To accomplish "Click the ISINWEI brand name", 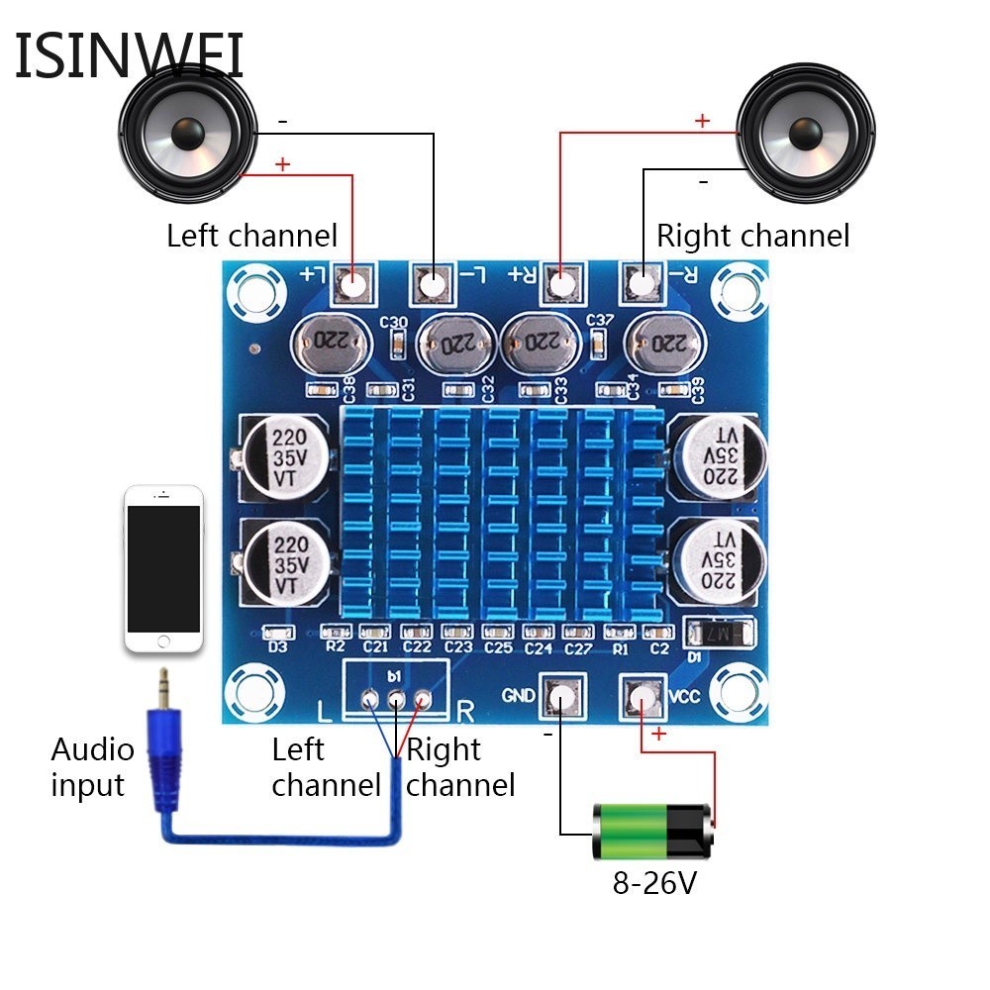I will tap(129, 56).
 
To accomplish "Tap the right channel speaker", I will tap(806, 133).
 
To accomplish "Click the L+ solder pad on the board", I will tap(354, 284).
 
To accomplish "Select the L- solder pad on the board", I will tap(432, 285).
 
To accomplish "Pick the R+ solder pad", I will tap(561, 285).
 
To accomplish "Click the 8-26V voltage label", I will tap(654, 882).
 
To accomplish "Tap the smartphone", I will tap(163, 568).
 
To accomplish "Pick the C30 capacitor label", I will tap(393, 323).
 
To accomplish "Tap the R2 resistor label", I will tap(335, 647).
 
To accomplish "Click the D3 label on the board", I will tap(278, 647).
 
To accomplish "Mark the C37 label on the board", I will tap(601, 320).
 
